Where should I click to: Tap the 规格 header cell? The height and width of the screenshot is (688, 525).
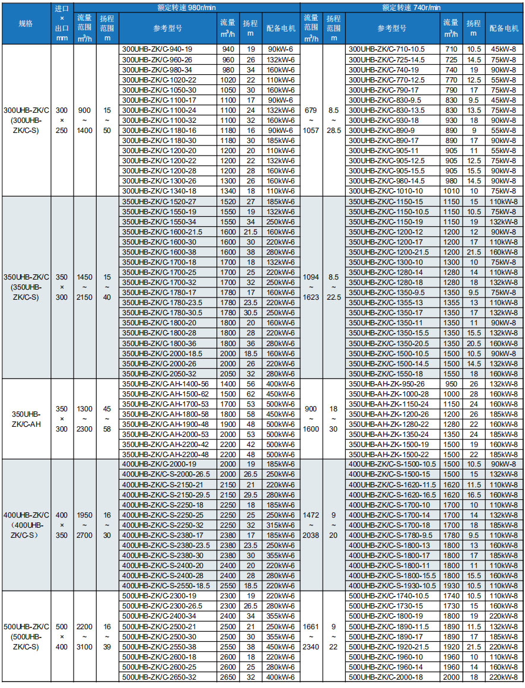pos(26,23)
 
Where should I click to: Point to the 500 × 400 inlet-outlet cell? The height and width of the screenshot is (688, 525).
pos(62,636)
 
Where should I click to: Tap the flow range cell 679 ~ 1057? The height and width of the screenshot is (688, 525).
pos(311,120)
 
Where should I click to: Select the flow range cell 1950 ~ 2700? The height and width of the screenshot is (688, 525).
pos(85,525)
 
